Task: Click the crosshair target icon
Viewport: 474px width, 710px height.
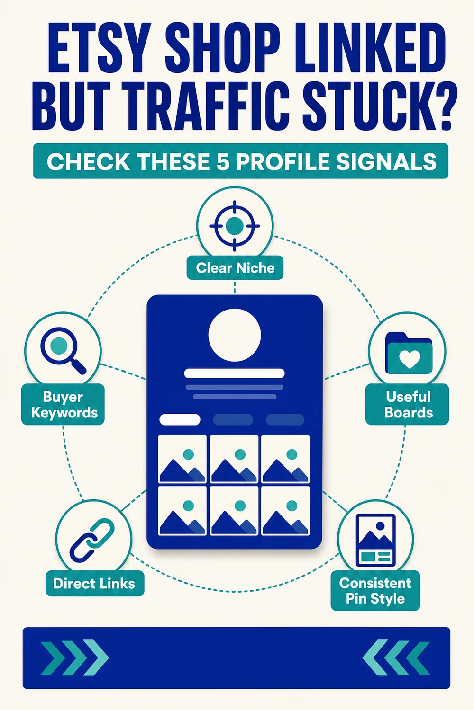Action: (x=235, y=226)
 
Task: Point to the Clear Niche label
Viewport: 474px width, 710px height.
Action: (x=235, y=268)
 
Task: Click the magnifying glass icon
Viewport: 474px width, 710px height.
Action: (x=63, y=351)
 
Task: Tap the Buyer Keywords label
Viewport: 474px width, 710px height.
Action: (x=63, y=404)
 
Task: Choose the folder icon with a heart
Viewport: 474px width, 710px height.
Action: (x=409, y=353)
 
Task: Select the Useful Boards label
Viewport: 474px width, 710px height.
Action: (x=408, y=404)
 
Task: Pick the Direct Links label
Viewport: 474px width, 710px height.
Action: (x=95, y=584)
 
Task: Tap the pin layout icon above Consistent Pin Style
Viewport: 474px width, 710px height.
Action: (x=376, y=540)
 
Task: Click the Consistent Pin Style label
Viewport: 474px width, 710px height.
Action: (x=375, y=591)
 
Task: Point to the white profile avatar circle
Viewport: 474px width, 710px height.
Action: (x=235, y=335)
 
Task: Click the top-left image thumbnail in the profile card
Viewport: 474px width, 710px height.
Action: (x=182, y=459)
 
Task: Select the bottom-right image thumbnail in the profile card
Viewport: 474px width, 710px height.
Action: (x=285, y=511)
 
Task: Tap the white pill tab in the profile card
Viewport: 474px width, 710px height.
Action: (x=180, y=420)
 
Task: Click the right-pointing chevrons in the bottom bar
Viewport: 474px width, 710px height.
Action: (x=75, y=658)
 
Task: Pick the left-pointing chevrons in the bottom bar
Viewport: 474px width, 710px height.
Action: (x=396, y=658)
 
